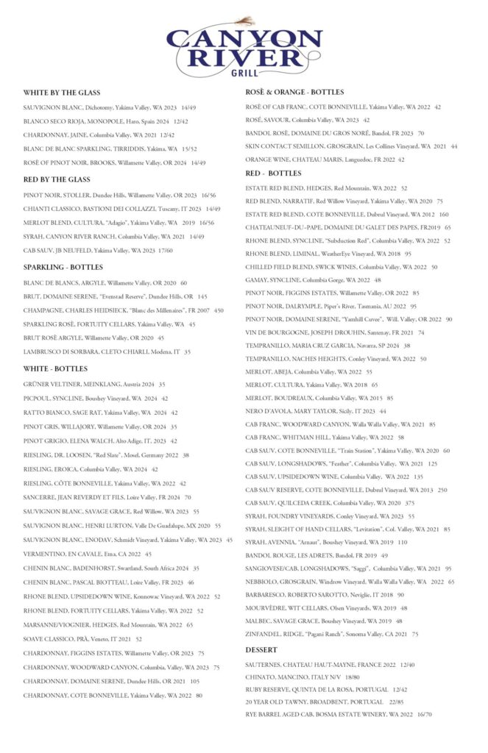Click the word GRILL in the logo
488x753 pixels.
click(x=244, y=72)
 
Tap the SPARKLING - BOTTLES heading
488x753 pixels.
click(x=63, y=267)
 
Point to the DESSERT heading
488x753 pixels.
click(x=261, y=650)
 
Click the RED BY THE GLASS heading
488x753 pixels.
click(x=57, y=179)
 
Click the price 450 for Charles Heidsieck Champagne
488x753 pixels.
click(x=219, y=310)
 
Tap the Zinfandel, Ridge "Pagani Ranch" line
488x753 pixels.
click(x=332, y=634)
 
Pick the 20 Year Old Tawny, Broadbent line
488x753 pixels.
click(x=325, y=702)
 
